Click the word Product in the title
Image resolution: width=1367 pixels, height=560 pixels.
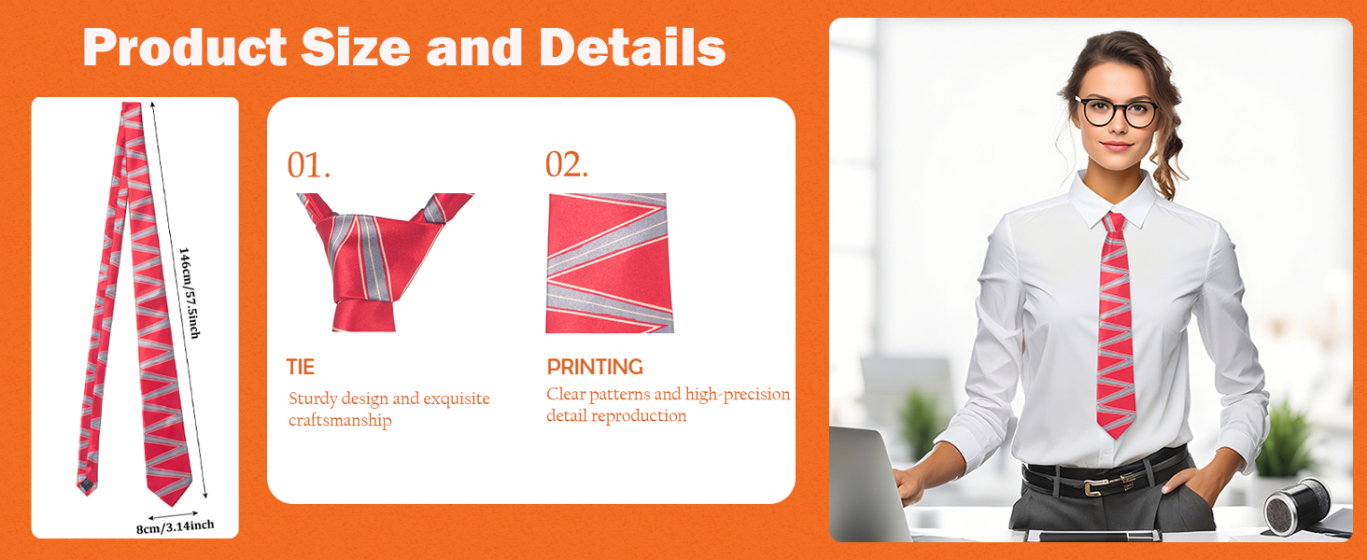click(x=184, y=48)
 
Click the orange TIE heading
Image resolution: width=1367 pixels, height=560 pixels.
click(x=301, y=367)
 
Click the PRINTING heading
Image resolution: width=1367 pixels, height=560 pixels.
click(x=595, y=367)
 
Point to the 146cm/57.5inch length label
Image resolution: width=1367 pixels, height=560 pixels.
click(x=190, y=293)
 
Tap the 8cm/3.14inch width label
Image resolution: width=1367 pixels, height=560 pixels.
click(x=176, y=526)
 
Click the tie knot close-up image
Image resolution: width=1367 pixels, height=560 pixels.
click(x=385, y=262)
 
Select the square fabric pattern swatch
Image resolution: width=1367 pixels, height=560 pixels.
click(x=610, y=263)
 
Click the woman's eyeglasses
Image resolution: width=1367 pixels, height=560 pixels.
click(x=1116, y=112)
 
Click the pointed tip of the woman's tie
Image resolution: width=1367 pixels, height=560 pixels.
click(x=1116, y=438)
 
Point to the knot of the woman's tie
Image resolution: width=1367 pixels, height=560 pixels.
click(x=1114, y=223)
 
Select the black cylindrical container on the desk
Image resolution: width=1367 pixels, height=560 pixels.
click(x=1297, y=507)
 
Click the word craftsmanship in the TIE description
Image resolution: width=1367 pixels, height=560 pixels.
click(x=340, y=420)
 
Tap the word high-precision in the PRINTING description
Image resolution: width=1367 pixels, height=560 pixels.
click(x=738, y=395)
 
